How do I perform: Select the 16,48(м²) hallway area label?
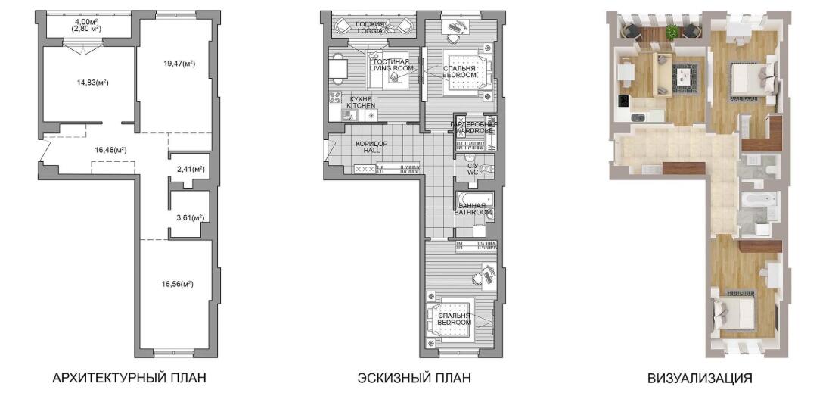[x=110, y=150]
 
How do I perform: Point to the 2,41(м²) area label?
[x=191, y=170]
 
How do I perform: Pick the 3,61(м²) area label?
[x=191, y=217]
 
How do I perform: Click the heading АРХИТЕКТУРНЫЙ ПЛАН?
[x=129, y=379]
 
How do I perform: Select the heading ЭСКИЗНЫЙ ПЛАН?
[x=414, y=379]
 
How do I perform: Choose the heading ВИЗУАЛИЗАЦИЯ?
[x=699, y=379]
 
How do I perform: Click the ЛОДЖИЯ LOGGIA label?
[x=370, y=27]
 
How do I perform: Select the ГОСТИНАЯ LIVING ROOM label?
[x=391, y=64]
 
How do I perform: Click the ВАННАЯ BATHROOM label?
[x=474, y=208]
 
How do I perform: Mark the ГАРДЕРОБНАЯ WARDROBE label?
[x=473, y=127]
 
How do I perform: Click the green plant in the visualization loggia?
[x=672, y=32]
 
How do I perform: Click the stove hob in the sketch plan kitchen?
[x=335, y=98]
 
